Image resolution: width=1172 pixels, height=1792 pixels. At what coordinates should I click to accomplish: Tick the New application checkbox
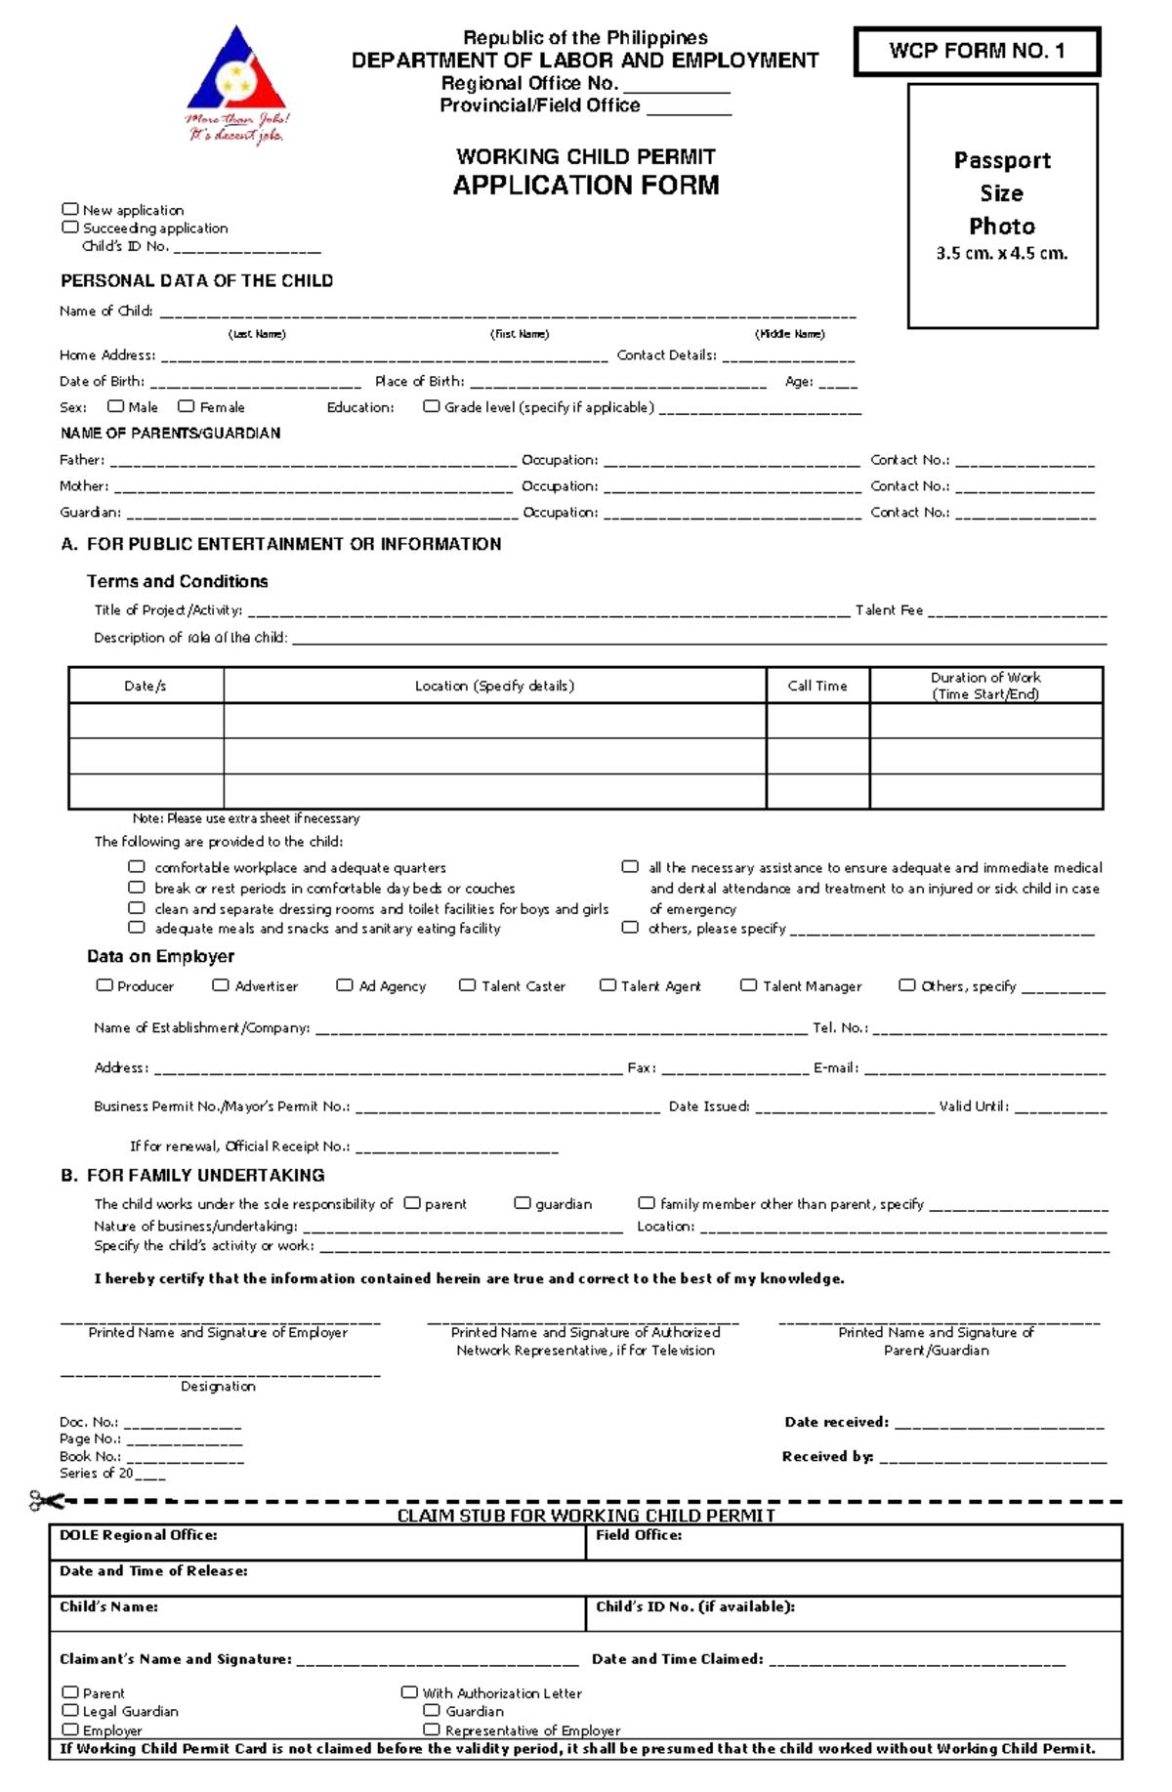tap(70, 209)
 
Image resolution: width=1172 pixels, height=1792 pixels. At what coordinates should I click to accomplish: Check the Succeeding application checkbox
tap(70, 227)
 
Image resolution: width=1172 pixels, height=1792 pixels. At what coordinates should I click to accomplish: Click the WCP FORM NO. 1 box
tap(977, 52)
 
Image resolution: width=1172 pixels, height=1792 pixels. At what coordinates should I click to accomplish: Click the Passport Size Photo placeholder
tap(1002, 205)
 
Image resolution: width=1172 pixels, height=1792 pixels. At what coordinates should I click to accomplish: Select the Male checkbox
tap(115, 406)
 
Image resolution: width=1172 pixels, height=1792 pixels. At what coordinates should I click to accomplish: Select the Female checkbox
tap(187, 406)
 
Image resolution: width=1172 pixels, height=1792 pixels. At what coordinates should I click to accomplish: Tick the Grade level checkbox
tap(432, 406)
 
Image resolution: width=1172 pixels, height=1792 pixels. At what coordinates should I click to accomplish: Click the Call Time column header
tap(817, 686)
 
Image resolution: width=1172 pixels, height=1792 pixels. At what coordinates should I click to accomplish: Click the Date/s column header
tap(146, 686)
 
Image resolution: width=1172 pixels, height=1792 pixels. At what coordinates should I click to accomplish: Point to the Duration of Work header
tap(985, 686)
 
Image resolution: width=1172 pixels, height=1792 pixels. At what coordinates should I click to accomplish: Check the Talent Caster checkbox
tap(468, 985)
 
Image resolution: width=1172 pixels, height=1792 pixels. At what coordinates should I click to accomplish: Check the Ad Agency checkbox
tap(345, 985)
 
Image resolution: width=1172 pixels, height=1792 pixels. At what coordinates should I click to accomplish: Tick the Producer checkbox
tap(105, 985)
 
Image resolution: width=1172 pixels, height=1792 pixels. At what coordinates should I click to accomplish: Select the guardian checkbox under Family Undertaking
tap(523, 1203)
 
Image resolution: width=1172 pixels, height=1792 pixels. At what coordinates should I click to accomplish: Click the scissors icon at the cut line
tap(45, 1501)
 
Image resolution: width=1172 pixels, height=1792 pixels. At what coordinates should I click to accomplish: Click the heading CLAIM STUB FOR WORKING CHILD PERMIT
tap(586, 1516)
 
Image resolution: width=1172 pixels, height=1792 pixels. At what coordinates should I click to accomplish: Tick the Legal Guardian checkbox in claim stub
tap(70, 1710)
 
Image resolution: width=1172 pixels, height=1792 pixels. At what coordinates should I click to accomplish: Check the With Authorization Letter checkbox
tap(409, 1691)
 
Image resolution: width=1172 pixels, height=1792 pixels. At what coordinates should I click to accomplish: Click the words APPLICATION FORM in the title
tap(586, 186)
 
